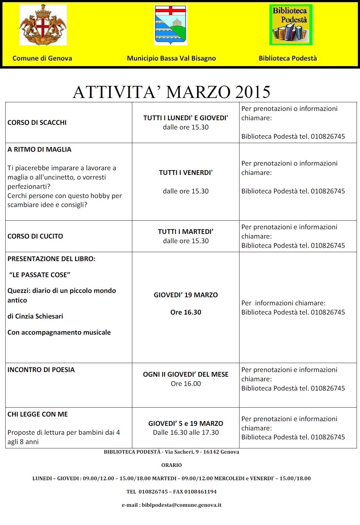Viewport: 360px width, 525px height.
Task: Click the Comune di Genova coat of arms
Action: coord(43,25)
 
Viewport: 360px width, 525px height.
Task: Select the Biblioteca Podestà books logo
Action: coord(290,25)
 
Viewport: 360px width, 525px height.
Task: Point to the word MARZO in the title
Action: coord(198,92)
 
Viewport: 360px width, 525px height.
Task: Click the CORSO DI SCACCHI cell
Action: coord(37,122)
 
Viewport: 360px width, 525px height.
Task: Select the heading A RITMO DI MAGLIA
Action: coord(39,150)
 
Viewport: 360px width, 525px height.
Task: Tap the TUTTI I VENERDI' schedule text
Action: coord(186,173)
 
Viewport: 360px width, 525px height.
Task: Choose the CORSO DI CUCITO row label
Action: coord(35,236)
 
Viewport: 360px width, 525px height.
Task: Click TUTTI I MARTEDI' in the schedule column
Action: coord(186,232)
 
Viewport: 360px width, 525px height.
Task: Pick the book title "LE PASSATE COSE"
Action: coord(40,275)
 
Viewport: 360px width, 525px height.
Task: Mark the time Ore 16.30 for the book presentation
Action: coord(186,312)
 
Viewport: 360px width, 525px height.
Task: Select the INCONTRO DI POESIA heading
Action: coord(41,370)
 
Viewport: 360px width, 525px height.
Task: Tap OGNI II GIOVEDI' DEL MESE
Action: coord(186,375)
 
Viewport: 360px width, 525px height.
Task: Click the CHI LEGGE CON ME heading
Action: coord(38,414)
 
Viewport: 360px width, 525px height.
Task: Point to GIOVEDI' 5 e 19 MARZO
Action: coord(186,424)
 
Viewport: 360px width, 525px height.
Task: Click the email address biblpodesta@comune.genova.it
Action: coord(181,505)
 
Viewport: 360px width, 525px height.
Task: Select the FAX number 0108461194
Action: coord(201,492)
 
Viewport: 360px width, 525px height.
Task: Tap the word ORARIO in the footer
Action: coord(172,465)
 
